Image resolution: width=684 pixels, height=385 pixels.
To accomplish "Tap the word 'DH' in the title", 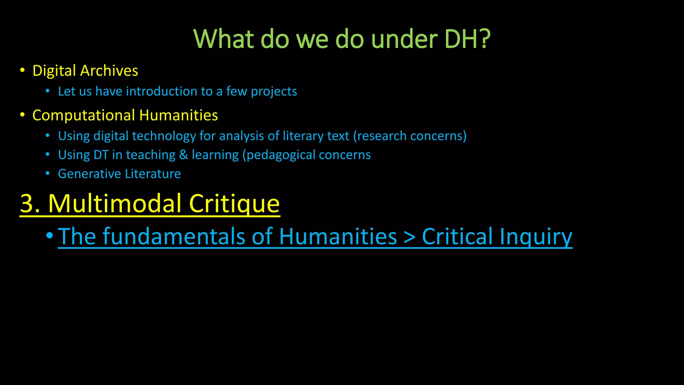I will click(461, 39).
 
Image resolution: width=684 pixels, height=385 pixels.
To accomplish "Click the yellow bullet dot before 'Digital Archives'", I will click(22, 70).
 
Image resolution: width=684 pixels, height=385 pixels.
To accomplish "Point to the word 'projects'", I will click(274, 92).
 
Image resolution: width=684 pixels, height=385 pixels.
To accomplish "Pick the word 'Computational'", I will click(83, 116).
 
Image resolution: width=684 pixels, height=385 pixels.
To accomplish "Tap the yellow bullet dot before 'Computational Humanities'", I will click(22, 115).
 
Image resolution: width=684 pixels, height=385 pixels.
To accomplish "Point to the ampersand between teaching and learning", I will click(183, 155).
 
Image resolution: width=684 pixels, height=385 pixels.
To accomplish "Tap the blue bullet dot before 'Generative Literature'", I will click(48, 173).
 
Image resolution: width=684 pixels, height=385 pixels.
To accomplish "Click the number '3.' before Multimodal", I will click(30, 203).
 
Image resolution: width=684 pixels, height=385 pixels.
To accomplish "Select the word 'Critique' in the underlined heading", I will click(234, 203).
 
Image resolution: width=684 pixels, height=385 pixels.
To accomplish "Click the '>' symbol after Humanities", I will click(409, 237).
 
